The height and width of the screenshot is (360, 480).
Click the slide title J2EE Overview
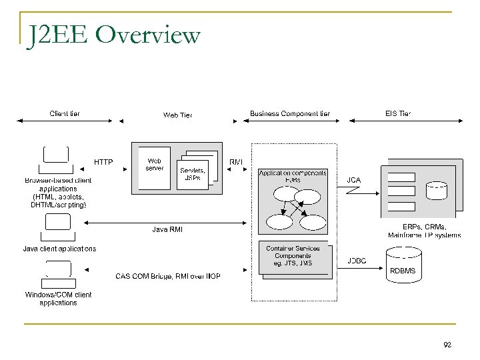[x=113, y=35]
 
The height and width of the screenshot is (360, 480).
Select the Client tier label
[x=65, y=113]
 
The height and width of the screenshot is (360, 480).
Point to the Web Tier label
[x=177, y=115]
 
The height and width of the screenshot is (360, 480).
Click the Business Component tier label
[x=289, y=113]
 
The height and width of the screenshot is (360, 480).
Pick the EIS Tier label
[x=397, y=113]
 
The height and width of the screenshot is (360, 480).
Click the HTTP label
[x=103, y=162]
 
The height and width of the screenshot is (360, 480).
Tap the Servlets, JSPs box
[x=193, y=173]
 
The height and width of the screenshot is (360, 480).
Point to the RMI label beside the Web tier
[x=236, y=162]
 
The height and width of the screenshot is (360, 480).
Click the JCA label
[x=354, y=179]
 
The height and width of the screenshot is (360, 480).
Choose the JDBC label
[x=357, y=260]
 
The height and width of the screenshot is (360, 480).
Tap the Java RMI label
[x=168, y=230]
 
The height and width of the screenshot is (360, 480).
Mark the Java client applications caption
[x=59, y=249]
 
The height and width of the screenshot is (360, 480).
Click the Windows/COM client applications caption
[x=58, y=298]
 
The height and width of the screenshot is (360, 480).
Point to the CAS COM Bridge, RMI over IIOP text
[x=168, y=276]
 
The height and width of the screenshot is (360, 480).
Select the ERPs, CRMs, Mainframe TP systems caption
[x=424, y=231]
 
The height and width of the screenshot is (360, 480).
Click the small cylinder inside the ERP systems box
[x=437, y=190]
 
